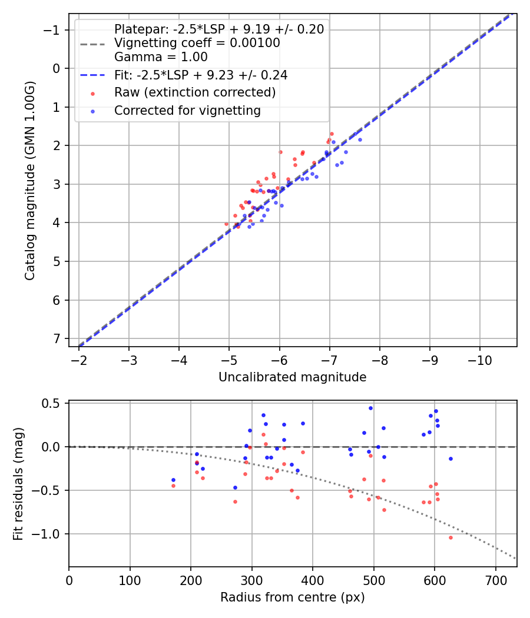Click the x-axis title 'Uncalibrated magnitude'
click(x=292, y=377)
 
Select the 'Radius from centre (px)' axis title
click(x=292, y=597)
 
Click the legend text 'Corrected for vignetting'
click(x=187, y=111)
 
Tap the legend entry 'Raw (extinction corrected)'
click(x=195, y=92)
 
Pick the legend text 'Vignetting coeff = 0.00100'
click(x=197, y=43)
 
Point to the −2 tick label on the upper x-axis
click(x=79, y=360)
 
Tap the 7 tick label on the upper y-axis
click(x=57, y=339)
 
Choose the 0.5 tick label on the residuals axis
click(x=53, y=403)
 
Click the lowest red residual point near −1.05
click(x=450, y=537)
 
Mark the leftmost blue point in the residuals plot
click(x=173, y=480)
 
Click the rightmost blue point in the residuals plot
click(x=450, y=458)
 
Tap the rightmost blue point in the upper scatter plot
click(x=360, y=139)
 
